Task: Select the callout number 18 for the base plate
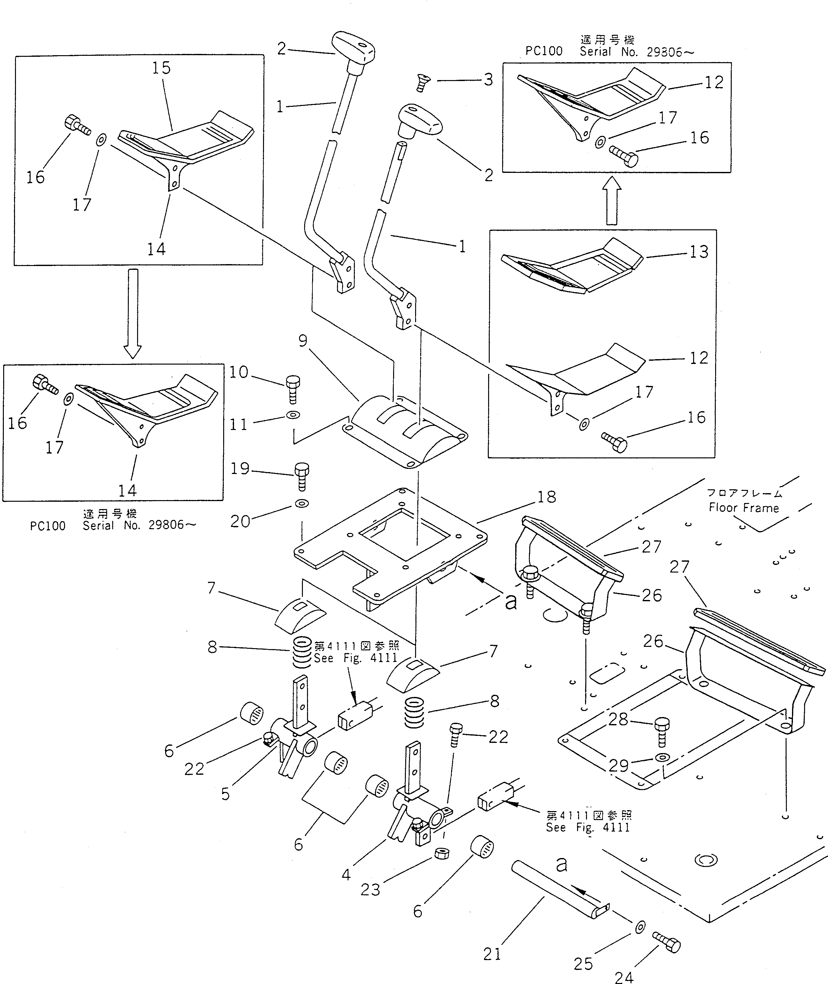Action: pyautogui.click(x=547, y=497)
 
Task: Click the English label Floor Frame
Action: pyautogui.click(x=744, y=508)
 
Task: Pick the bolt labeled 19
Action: pyautogui.click(x=301, y=475)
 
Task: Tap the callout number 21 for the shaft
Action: pyautogui.click(x=492, y=954)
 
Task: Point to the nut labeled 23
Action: pyautogui.click(x=442, y=853)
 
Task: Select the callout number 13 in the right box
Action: pyautogui.click(x=699, y=252)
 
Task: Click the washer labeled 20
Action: pyautogui.click(x=301, y=504)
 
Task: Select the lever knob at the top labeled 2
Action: pyautogui.click(x=354, y=49)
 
